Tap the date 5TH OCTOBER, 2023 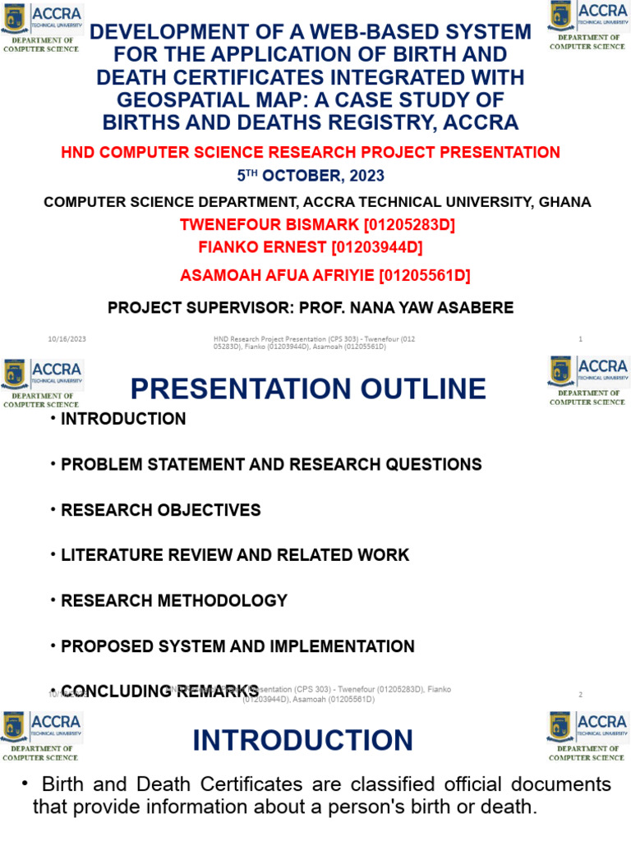click(x=311, y=176)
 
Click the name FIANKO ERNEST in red click(x=260, y=246)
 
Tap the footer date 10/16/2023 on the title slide click(x=67, y=339)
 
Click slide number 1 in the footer click(x=580, y=339)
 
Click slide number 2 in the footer click(x=580, y=694)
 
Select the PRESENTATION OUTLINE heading click(x=308, y=388)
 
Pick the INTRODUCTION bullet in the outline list click(x=123, y=419)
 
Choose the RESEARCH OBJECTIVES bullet click(x=160, y=510)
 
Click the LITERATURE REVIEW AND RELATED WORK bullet click(x=234, y=555)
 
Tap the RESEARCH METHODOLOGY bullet click(x=173, y=600)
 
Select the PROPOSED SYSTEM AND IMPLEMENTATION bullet click(x=237, y=646)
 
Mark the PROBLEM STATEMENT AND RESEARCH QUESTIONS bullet click(x=271, y=464)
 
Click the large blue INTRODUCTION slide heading click(x=302, y=740)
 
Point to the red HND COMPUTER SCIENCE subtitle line click(x=311, y=152)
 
